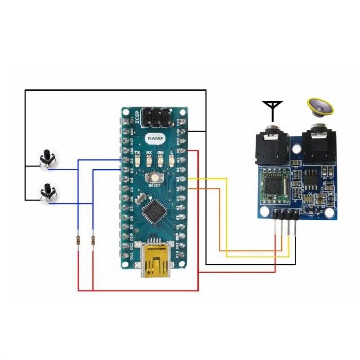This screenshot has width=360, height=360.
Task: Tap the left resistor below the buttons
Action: tap(78, 240)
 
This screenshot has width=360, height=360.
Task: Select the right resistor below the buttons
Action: tap(93, 240)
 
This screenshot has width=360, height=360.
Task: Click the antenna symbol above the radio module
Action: tap(272, 109)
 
